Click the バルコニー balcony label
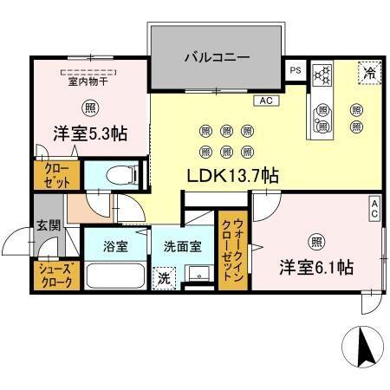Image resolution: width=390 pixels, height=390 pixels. coord(217,58)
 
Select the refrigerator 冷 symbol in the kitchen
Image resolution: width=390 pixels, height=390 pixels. coord(367,74)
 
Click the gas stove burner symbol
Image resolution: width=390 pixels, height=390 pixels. coord(322,75)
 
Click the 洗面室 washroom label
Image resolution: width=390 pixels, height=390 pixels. coord(183,245)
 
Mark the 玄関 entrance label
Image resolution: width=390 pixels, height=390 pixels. coord(48,225)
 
